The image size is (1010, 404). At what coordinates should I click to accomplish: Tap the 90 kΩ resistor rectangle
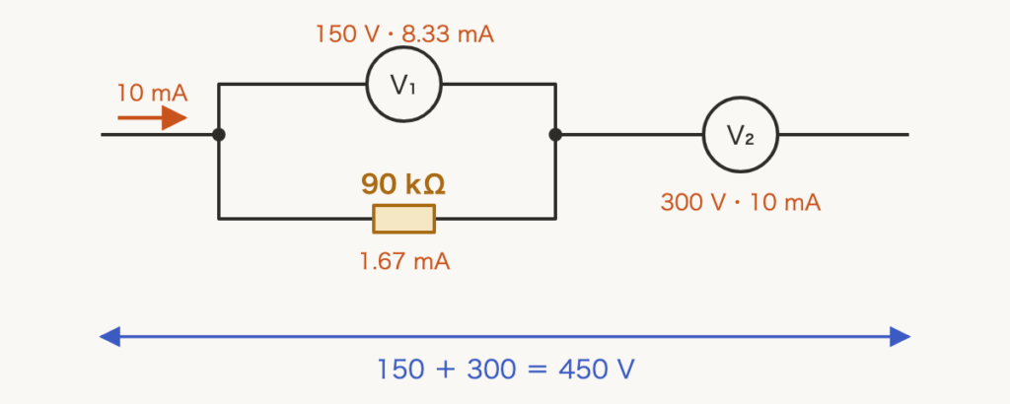click(403, 219)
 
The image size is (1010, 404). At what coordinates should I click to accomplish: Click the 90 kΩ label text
click(403, 184)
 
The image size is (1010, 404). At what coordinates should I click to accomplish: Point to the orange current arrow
click(152, 117)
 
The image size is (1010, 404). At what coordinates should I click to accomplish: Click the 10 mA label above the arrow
click(152, 94)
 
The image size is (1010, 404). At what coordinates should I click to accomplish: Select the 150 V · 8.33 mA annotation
click(404, 34)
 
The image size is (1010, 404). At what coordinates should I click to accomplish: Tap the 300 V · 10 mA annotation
click(741, 203)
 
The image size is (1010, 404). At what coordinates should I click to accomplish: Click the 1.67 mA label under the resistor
click(404, 262)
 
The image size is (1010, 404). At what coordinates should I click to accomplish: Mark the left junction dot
click(219, 134)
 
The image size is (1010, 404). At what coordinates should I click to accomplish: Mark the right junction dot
click(555, 134)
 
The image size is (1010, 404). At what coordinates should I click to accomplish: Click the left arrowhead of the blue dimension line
click(109, 336)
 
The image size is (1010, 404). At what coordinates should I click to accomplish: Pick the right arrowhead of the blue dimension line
click(900, 336)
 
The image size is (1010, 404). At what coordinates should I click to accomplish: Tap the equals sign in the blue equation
click(537, 370)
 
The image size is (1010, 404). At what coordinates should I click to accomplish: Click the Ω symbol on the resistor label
click(435, 185)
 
